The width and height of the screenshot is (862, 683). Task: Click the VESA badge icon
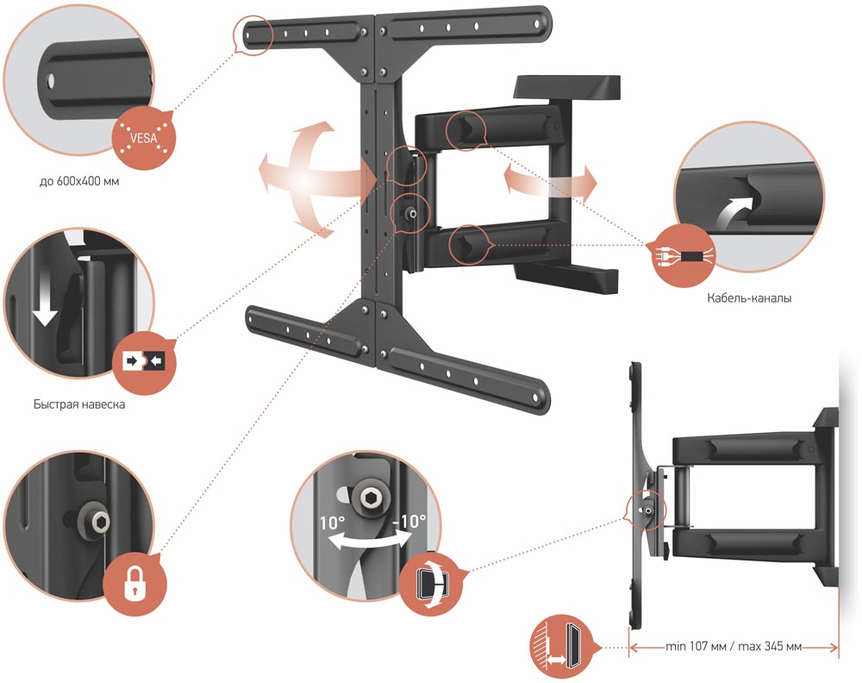[143, 138]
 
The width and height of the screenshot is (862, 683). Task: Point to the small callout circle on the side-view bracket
[644, 510]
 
